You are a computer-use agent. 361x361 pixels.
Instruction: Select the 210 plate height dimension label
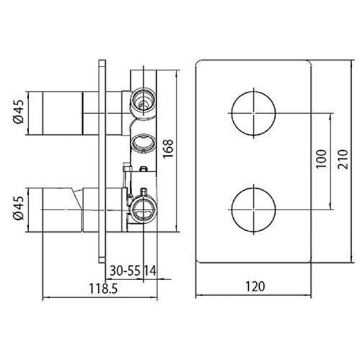tap(342, 160)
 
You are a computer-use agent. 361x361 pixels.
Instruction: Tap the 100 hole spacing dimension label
tap(320, 160)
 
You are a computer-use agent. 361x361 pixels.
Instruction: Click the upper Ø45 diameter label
tap(19, 112)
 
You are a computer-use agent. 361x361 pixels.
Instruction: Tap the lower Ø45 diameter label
tap(19, 208)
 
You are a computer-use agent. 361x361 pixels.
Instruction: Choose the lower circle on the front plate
tap(254, 209)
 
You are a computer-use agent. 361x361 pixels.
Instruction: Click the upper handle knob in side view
tap(61, 112)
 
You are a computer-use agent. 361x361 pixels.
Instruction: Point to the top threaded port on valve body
tap(143, 99)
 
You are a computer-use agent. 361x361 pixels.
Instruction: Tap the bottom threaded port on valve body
tap(143, 208)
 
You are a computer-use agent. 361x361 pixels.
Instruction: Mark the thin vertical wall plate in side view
tap(100, 160)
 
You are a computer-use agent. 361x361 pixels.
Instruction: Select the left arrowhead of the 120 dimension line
tap(199, 295)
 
